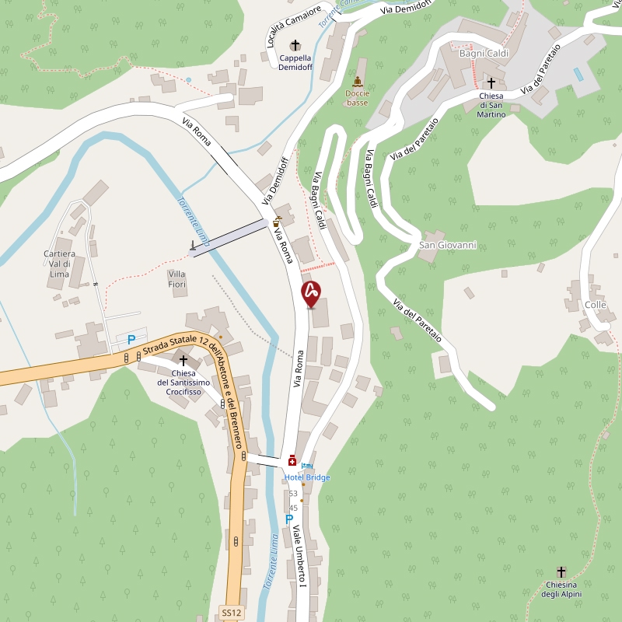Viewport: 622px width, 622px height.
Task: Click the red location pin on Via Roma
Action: (x=311, y=294)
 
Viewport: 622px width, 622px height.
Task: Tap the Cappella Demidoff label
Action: (x=295, y=62)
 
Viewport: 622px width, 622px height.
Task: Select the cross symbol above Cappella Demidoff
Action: (x=295, y=45)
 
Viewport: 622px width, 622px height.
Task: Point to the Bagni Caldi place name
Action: (x=484, y=53)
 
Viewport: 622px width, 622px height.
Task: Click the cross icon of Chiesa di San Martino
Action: (x=491, y=82)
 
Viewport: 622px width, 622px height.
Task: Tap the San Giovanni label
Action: (x=447, y=246)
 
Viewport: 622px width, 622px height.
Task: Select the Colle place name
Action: (x=596, y=305)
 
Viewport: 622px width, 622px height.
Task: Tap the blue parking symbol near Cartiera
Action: (x=131, y=339)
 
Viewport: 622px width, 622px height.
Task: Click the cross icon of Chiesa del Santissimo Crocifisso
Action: (x=183, y=360)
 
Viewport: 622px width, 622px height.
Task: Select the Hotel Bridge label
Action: (x=307, y=477)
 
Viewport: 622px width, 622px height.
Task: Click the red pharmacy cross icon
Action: (x=292, y=461)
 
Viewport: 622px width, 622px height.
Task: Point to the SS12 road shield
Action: (x=231, y=613)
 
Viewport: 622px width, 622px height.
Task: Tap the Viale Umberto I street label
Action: (x=299, y=557)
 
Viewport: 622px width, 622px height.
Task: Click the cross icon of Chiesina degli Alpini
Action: (x=561, y=571)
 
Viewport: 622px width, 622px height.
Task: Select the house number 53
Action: (x=293, y=494)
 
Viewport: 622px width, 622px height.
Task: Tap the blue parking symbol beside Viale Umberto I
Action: (x=289, y=519)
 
